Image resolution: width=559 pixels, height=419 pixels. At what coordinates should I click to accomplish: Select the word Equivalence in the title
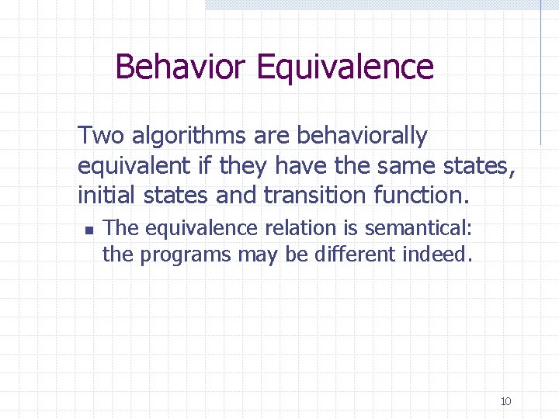pyautogui.click(x=345, y=67)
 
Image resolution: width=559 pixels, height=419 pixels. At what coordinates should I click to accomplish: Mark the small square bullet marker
pyautogui.click(x=88, y=230)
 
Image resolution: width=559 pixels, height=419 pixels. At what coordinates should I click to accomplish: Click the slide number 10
pyautogui.click(x=505, y=401)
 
